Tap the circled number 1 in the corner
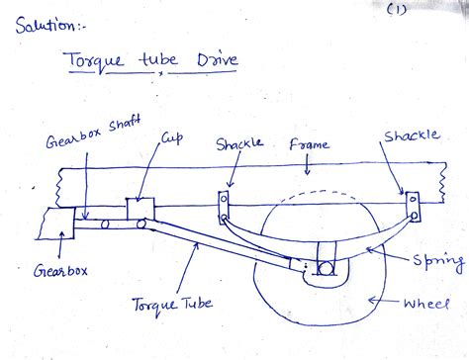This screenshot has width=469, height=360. (397, 10)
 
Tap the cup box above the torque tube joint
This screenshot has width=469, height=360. (140, 211)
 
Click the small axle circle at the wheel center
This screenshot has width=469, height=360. (326, 267)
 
